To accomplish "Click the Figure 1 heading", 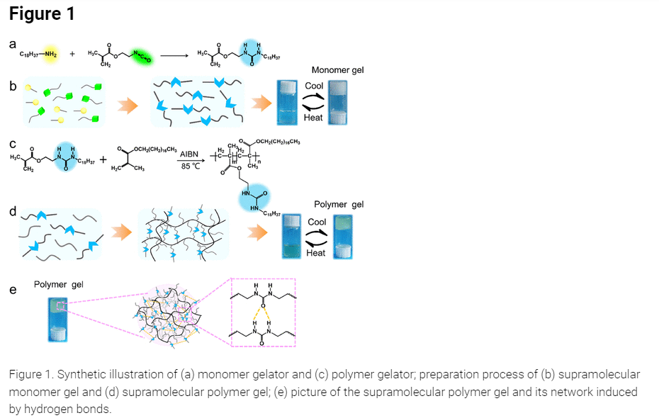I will tap(42, 14).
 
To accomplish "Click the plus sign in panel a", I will tap(72, 55).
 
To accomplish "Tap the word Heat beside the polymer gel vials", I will tap(316, 253).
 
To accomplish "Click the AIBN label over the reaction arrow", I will tap(189, 153).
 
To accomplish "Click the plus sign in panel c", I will tap(106, 159).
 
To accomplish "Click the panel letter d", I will tap(13, 211).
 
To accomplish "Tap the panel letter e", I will tap(13, 290).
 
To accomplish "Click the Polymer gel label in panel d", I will tap(339, 204).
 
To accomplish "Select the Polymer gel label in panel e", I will tap(59, 284).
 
